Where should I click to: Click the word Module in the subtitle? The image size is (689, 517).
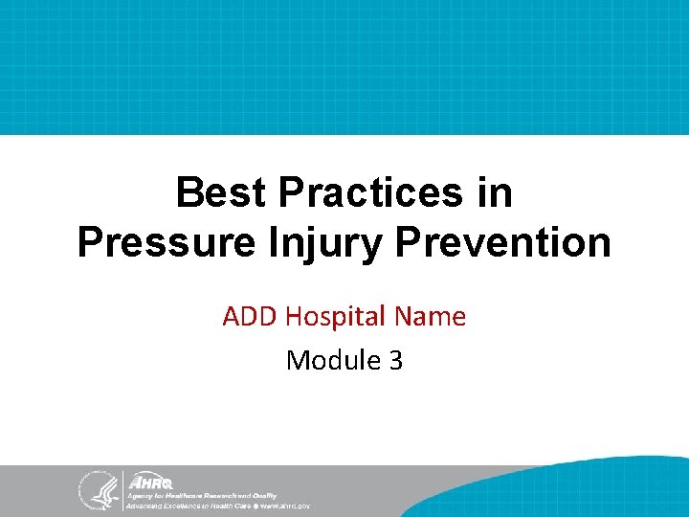329,360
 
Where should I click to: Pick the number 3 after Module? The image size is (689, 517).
395,360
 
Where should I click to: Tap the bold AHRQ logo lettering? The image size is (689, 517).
149,482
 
